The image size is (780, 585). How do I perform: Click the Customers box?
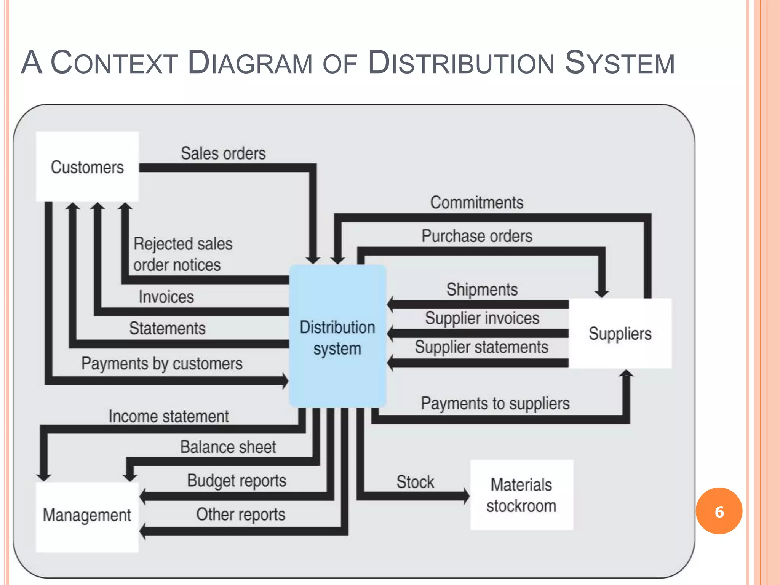point(87,167)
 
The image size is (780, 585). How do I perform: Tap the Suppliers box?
point(620,333)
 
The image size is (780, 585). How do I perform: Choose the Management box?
point(87,516)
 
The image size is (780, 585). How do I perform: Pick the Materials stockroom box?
point(521,495)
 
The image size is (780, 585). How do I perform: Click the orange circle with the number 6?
point(719,511)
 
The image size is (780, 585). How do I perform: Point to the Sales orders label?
point(223,153)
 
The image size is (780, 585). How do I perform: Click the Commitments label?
point(477,202)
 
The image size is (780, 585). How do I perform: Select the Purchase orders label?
point(477,236)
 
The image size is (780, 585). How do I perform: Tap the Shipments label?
point(482,289)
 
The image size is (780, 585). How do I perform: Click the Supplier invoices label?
point(482,318)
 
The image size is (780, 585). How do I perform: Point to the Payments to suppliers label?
point(495,403)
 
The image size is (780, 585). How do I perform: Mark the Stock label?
point(415,482)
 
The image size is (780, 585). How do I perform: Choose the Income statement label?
point(169,416)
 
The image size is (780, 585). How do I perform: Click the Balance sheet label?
point(228,447)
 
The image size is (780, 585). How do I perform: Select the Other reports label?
point(241,515)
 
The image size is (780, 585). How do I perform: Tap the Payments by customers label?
point(162,364)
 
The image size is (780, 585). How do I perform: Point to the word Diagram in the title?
point(250,63)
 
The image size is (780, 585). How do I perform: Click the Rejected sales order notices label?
point(183,254)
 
